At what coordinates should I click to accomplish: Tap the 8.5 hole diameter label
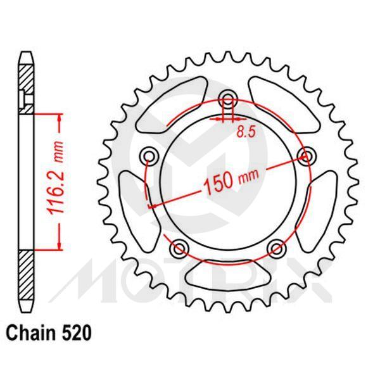[x=246, y=132]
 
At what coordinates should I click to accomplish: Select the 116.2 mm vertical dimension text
[x=59, y=180]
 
